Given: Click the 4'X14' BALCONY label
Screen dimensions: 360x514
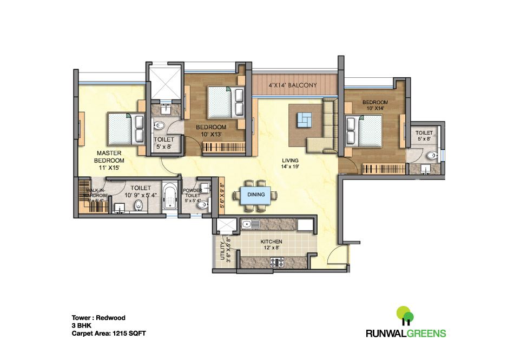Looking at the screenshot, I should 295,85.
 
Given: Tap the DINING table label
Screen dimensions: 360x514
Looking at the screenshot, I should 256,195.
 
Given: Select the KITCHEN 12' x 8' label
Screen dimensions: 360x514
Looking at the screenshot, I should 271,244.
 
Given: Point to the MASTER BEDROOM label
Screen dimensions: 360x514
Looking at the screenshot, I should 109,161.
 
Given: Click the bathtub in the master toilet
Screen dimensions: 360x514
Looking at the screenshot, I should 170,198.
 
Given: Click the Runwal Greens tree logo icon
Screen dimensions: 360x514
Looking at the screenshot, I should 405,316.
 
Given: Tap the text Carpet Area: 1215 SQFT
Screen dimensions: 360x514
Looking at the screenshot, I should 109,334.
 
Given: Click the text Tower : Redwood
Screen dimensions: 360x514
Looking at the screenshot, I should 98,318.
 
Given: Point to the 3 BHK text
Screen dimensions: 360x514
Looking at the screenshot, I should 82,326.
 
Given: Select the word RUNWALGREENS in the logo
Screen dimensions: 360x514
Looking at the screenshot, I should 405,333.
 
